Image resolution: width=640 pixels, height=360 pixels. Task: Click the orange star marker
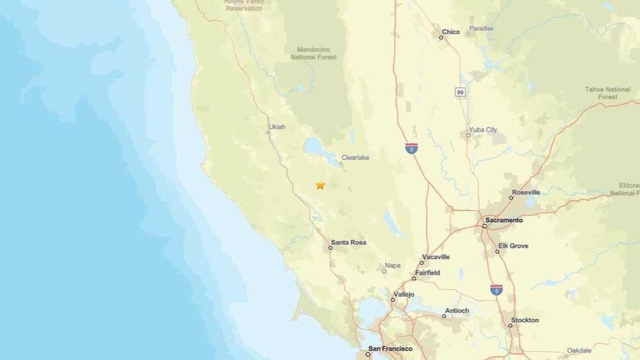tap(320, 185)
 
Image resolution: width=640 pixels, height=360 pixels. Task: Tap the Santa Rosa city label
tap(348, 243)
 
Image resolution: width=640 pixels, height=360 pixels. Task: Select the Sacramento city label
tap(504, 220)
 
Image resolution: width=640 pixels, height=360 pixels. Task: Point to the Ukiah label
tap(277, 127)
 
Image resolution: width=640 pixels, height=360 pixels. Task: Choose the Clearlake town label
tap(355, 158)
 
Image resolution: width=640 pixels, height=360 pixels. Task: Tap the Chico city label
tap(451, 32)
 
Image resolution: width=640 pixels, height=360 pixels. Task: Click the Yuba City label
tap(483, 130)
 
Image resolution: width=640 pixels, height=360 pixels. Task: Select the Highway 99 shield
tap(460, 92)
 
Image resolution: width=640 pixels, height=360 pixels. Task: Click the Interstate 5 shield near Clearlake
tap(412, 149)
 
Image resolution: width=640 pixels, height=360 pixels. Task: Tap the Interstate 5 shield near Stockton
tap(496, 290)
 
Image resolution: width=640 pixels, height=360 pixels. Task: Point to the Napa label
tap(392, 266)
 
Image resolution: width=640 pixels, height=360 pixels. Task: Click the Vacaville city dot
tap(422, 262)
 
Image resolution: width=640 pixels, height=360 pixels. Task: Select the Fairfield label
tap(428, 273)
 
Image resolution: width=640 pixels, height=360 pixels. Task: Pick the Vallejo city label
tap(404, 294)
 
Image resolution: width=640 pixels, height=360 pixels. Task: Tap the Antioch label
tap(456, 311)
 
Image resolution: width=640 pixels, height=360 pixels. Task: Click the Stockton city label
tap(525, 320)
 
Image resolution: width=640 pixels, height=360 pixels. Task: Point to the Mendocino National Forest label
tap(313, 53)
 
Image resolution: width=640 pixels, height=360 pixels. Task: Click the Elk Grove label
tap(513, 246)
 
